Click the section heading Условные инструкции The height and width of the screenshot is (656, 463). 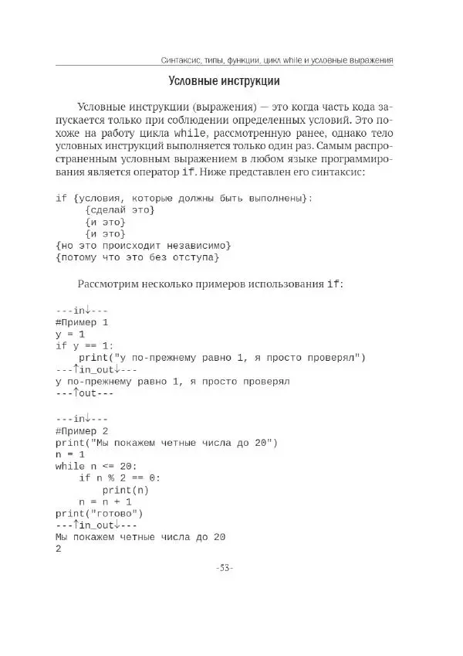224,80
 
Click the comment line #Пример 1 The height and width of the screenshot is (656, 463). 83,321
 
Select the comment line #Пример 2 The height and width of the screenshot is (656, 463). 83,430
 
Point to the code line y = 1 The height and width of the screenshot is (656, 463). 69,334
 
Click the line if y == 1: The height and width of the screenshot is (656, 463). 84,345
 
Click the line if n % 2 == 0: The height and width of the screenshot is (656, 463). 119,478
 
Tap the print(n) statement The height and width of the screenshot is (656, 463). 125,490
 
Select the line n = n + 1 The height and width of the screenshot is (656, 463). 111,501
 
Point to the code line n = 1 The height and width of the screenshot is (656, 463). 69,454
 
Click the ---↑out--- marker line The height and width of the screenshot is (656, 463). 84,393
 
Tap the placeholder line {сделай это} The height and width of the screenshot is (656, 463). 120,210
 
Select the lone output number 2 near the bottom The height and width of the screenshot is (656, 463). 59,549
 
